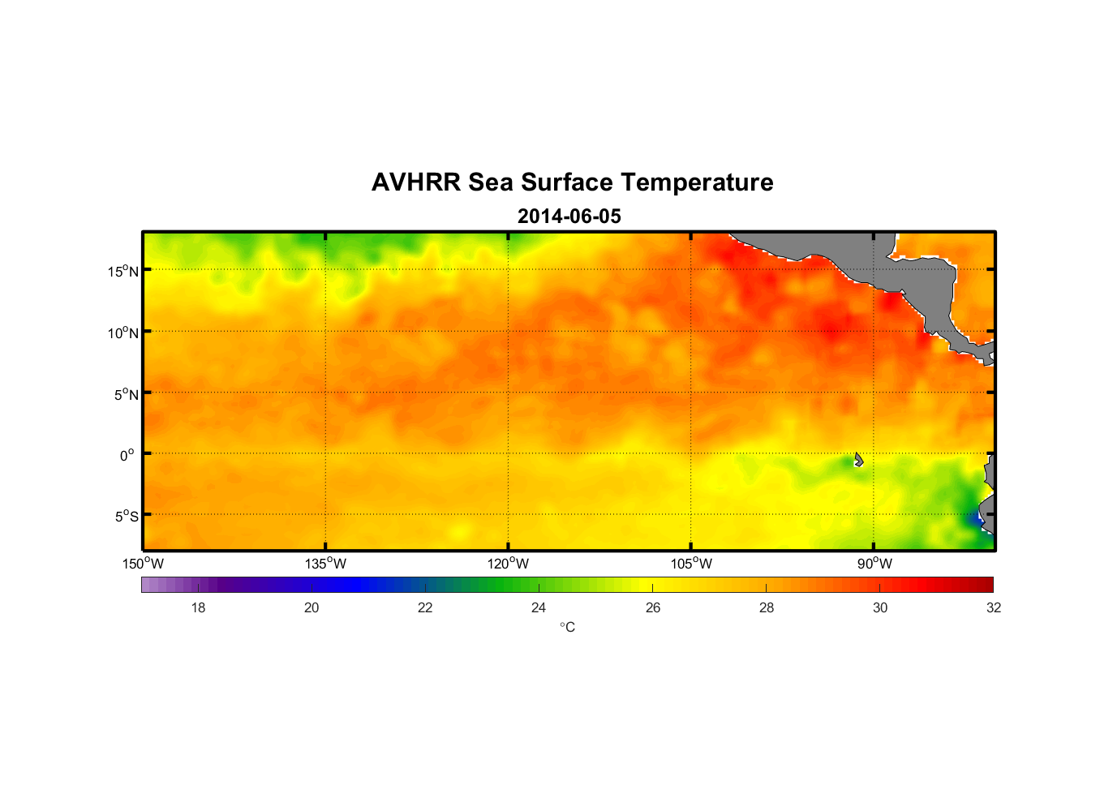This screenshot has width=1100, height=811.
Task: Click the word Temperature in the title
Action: [x=697, y=182]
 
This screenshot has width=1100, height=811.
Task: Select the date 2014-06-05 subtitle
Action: [x=569, y=217]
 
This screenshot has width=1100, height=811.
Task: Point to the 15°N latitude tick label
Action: [x=123, y=271]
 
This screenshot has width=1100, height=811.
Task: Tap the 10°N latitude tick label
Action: [x=123, y=333]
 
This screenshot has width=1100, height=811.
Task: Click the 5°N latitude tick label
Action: [x=127, y=394]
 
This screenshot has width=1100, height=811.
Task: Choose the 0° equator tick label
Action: [x=127, y=455]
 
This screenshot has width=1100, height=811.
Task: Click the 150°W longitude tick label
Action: [x=144, y=564]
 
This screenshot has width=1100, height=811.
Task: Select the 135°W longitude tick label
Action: [x=326, y=564]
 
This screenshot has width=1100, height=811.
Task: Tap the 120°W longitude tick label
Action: [x=509, y=564]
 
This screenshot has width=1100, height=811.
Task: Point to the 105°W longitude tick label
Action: [x=691, y=564]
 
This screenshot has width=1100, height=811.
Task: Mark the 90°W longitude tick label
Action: [x=874, y=564]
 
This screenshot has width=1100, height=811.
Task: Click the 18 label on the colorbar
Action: [x=198, y=607]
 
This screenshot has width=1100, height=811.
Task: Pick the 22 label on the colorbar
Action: [x=425, y=607]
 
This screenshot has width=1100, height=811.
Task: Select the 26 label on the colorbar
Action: [x=653, y=607]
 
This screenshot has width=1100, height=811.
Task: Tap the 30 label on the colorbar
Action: [x=880, y=607]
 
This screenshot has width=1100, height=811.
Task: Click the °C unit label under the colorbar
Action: [x=567, y=627]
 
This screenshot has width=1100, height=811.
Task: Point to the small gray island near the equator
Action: [x=858, y=460]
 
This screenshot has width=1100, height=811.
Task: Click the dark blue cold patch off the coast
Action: [x=976, y=517]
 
